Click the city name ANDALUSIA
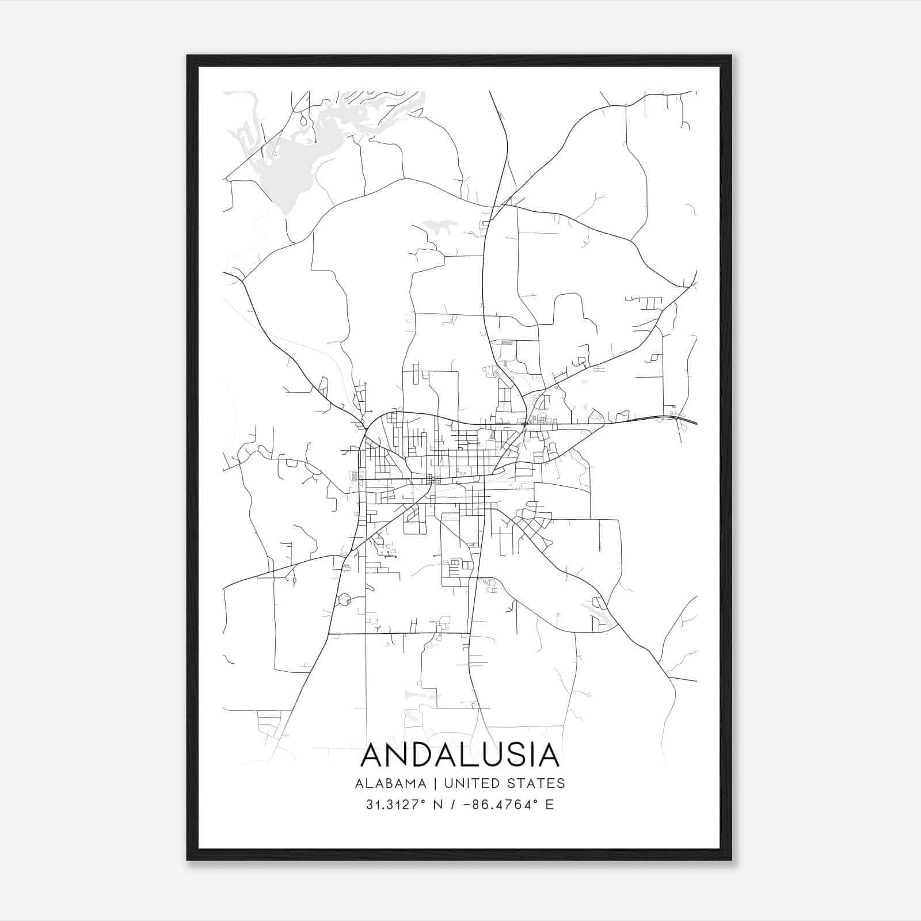pyautogui.click(x=460, y=755)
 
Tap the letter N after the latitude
pyautogui.click(x=437, y=805)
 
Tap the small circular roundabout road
pyautogui.click(x=344, y=600)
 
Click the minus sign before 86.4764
pyautogui.click(x=467, y=805)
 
